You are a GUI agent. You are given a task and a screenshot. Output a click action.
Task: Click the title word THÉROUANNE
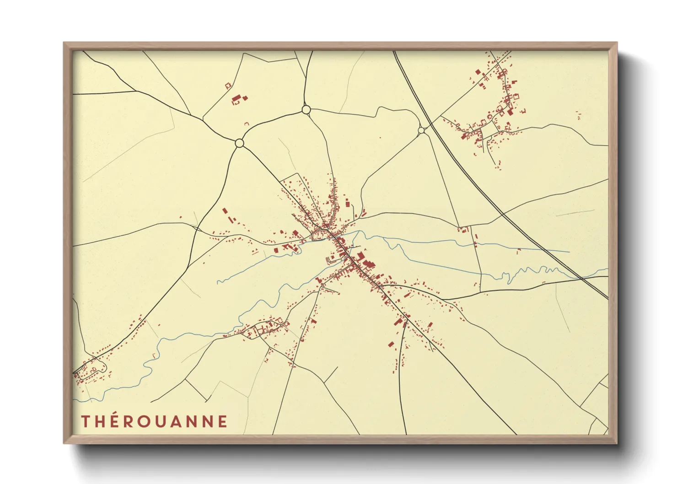154,421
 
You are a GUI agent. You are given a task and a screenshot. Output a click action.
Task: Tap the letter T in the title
86,421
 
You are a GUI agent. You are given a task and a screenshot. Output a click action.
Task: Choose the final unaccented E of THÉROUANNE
223,421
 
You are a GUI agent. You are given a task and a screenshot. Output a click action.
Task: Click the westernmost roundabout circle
239,143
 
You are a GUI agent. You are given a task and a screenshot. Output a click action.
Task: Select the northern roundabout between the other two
306,110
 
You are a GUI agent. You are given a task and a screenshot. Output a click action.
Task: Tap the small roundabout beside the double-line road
421,130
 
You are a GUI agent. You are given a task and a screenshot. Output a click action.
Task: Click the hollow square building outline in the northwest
227,86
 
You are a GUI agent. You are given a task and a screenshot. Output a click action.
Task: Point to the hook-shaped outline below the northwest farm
247,124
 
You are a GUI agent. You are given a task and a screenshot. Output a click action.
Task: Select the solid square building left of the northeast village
478,72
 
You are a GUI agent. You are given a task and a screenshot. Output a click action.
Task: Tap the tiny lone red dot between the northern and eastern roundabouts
380,137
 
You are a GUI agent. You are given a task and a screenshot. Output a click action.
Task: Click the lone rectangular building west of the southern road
391,344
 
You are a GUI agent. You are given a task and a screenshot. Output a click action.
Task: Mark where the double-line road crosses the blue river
580,277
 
